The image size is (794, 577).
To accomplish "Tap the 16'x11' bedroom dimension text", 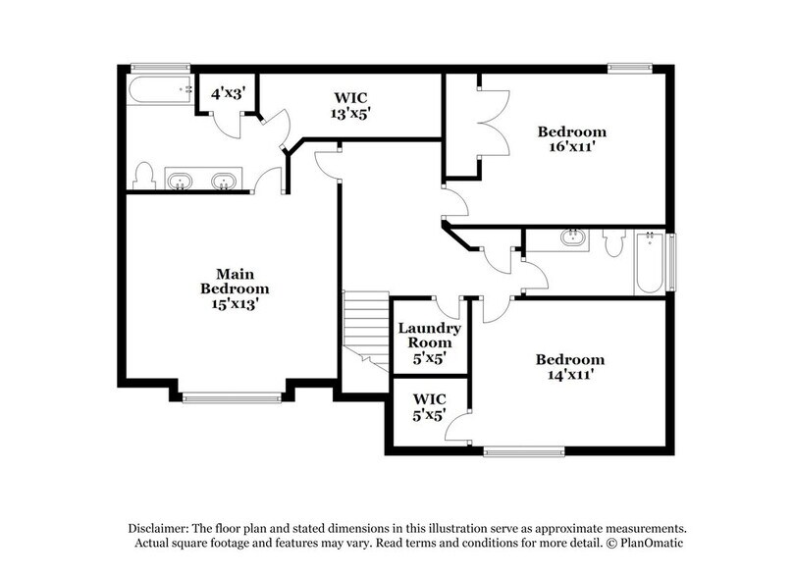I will point(570,149).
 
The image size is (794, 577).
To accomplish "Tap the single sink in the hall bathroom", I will point(572,237).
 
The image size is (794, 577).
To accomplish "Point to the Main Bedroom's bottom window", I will point(231,396).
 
